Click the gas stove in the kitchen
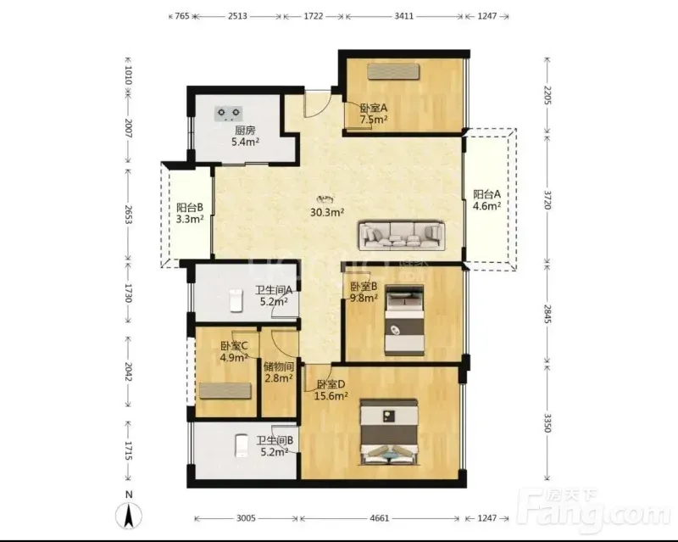[x=229, y=114]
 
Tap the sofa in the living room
[x=402, y=236]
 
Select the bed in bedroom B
[x=404, y=321]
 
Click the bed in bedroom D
[x=390, y=432]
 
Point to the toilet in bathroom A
[x=236, y=299]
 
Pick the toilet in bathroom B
[x=241, y=445]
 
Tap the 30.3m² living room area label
[x=327, y=212]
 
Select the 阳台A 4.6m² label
[x=486, y=200]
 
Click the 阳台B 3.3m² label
[x=190, y=213]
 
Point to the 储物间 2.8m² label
[x=279, y=372]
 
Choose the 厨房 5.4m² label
[x=245, y=136]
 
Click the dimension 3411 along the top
[x=404, y=16]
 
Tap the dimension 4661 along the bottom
[x=379, y=517]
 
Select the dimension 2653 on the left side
[x=128, y=214]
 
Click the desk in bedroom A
[x=393, y=72]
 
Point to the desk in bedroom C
[x=225, y=391]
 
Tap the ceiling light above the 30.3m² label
[x=325, y=199]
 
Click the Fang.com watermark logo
[x=595, y=510]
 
